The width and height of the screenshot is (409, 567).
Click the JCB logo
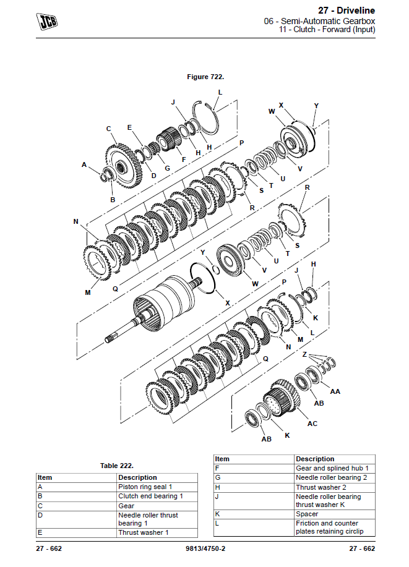[47, 22]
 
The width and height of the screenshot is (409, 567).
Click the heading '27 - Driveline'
[347, 11]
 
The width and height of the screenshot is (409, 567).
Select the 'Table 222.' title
[117, 466]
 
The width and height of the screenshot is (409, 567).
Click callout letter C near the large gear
[108, 129]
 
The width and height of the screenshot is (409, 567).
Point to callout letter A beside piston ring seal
[84, 164]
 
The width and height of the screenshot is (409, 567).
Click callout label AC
[312, 424]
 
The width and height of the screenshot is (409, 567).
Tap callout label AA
[335, 391]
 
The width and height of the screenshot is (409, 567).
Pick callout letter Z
[304, 354]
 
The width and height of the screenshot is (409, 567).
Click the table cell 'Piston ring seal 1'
[145, 487]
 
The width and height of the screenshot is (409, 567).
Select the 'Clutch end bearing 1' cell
[150, 496]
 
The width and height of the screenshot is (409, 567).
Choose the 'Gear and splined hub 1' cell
[332, 469]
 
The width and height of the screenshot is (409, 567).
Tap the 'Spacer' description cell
[307, 514]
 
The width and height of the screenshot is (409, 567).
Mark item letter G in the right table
[218, 478]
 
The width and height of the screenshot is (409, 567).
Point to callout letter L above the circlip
[220, 93]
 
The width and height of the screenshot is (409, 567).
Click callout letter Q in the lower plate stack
[266, 358]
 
